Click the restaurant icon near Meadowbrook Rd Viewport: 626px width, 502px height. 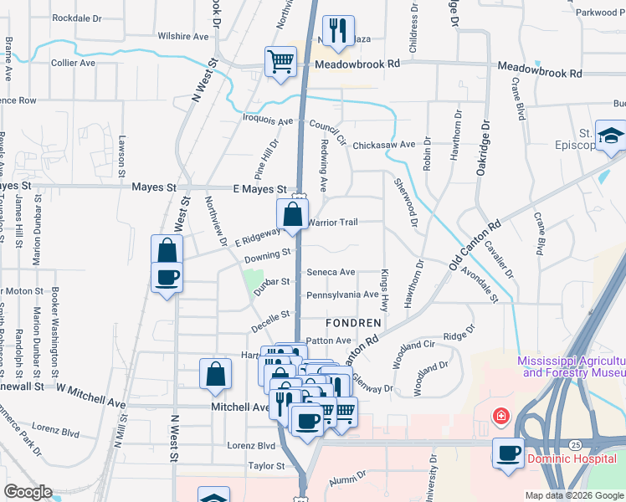tap(338, 32)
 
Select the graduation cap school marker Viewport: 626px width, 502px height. tap(611, 135)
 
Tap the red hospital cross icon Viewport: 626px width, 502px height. tap(501, 416)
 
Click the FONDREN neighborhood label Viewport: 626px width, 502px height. tap(353, 322)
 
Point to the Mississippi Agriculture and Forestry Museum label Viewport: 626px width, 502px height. tap(571, 366)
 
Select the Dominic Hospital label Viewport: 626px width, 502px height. tap(572, 458)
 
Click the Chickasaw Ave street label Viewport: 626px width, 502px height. tap(383, 145)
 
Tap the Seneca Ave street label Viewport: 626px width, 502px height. tap(331, 272)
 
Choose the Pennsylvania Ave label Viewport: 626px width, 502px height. tap(342, 295)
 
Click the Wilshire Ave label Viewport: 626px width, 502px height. tap(183, 37)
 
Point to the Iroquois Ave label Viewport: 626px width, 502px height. tap(270, 120)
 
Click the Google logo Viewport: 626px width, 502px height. tap(28, 492)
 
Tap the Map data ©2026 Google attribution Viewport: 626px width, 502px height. tap(573, 495)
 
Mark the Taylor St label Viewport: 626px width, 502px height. tap(267, 465)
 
